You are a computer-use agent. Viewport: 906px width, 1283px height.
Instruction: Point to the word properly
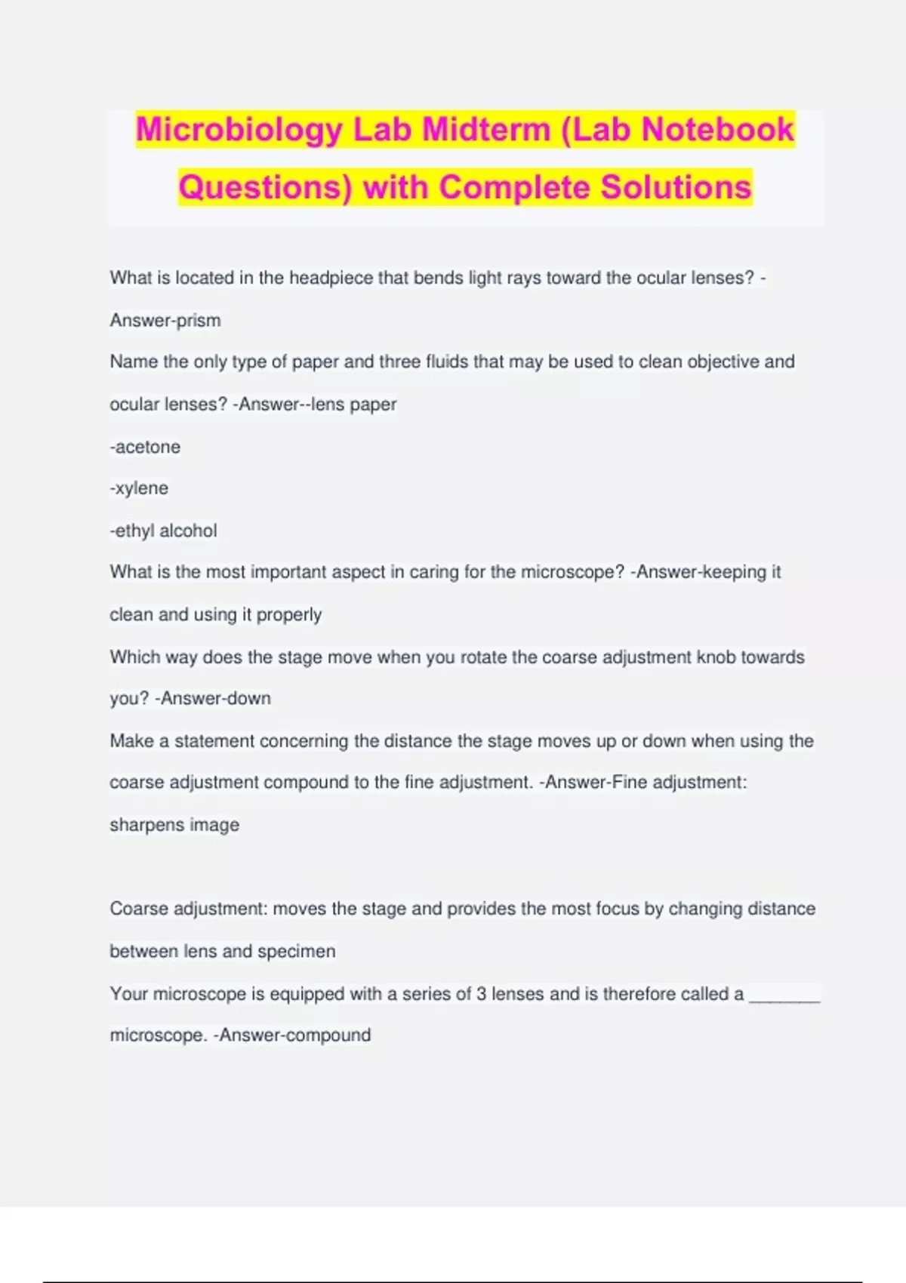click(289, 615)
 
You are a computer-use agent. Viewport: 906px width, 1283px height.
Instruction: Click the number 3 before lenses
click(481, 994)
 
